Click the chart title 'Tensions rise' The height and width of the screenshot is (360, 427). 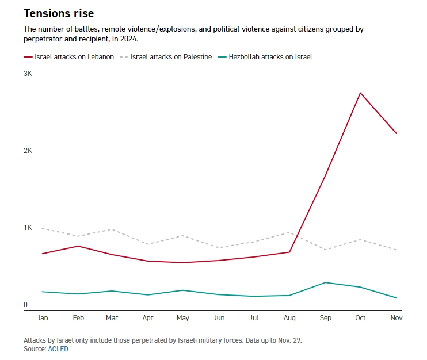pos(59,13)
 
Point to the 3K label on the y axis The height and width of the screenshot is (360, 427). pos(28,74)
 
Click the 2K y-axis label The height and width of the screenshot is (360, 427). pos(28,151)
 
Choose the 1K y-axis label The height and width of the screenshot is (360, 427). pos(28,228)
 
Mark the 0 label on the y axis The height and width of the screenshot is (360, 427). pos(25,305)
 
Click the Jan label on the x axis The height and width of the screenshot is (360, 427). pos(42,317)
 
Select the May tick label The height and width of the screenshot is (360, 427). pos(183,317)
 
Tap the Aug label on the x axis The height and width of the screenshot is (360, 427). pos(289,317)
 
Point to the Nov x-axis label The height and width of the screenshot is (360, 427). pos(396,317)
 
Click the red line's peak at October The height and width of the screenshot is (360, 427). pos(360,93)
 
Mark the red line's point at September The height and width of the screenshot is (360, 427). pos(325,176)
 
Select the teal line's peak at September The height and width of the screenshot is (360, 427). pos(325,282)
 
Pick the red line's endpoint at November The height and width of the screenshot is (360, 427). pos(396,133)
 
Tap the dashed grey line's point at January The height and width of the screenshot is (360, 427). pos(42,228)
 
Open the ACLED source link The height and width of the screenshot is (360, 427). pos(58,349)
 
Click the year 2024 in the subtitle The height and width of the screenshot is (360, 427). pos(129,39)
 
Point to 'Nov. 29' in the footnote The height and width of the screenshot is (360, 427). pos(288,340)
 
